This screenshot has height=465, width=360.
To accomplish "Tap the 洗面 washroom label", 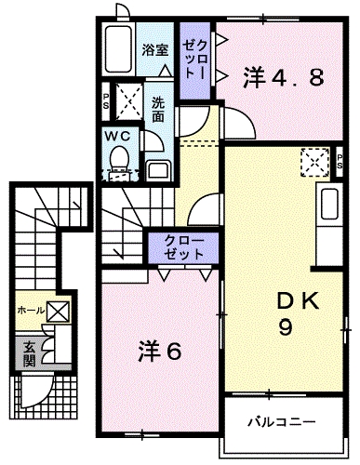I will pos(158,111).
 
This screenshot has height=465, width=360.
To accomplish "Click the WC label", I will pos(116,136).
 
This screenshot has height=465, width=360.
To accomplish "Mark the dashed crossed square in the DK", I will pos(316,160).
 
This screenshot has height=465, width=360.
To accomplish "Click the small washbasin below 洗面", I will pos(156,168).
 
